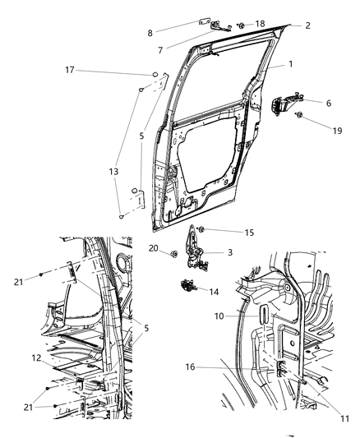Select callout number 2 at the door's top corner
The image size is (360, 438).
[307, 25]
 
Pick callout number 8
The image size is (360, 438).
[149, 33]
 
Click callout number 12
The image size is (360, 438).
[36, 357]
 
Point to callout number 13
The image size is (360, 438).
[113, 171]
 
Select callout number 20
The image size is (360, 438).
[154, 248]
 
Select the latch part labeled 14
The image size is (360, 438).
[188, 286]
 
